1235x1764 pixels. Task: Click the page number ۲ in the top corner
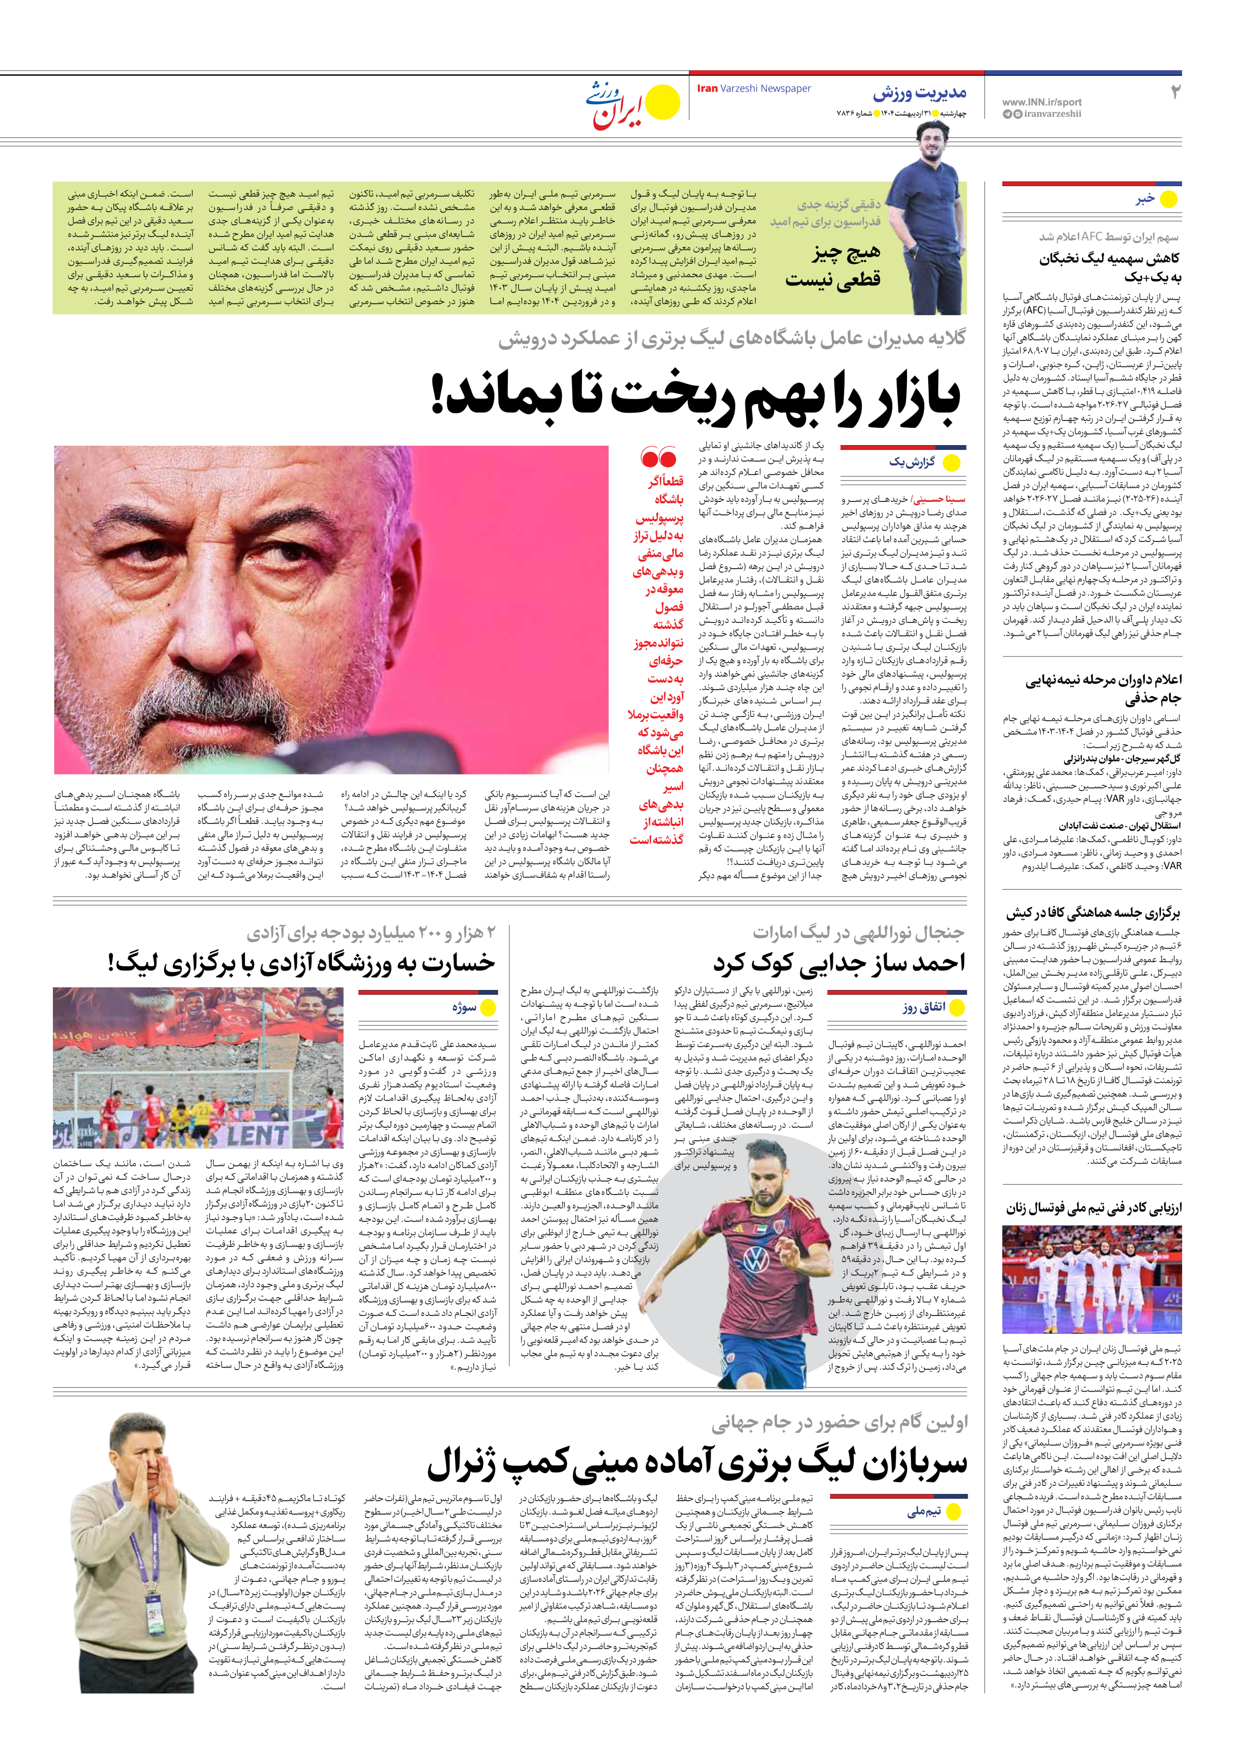pyautogui.click(x=1174, y=92)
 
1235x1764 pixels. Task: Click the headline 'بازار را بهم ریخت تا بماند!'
pyautogui.click(x=696, y=397)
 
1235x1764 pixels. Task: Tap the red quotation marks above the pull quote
pyautogui.click(x=658, y=459)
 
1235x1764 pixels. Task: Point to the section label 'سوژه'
pyautogui.click(x=464, y=1007)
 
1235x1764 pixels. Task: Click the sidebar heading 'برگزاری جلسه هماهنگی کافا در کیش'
pyautogui.click(x=1094, y=913)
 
